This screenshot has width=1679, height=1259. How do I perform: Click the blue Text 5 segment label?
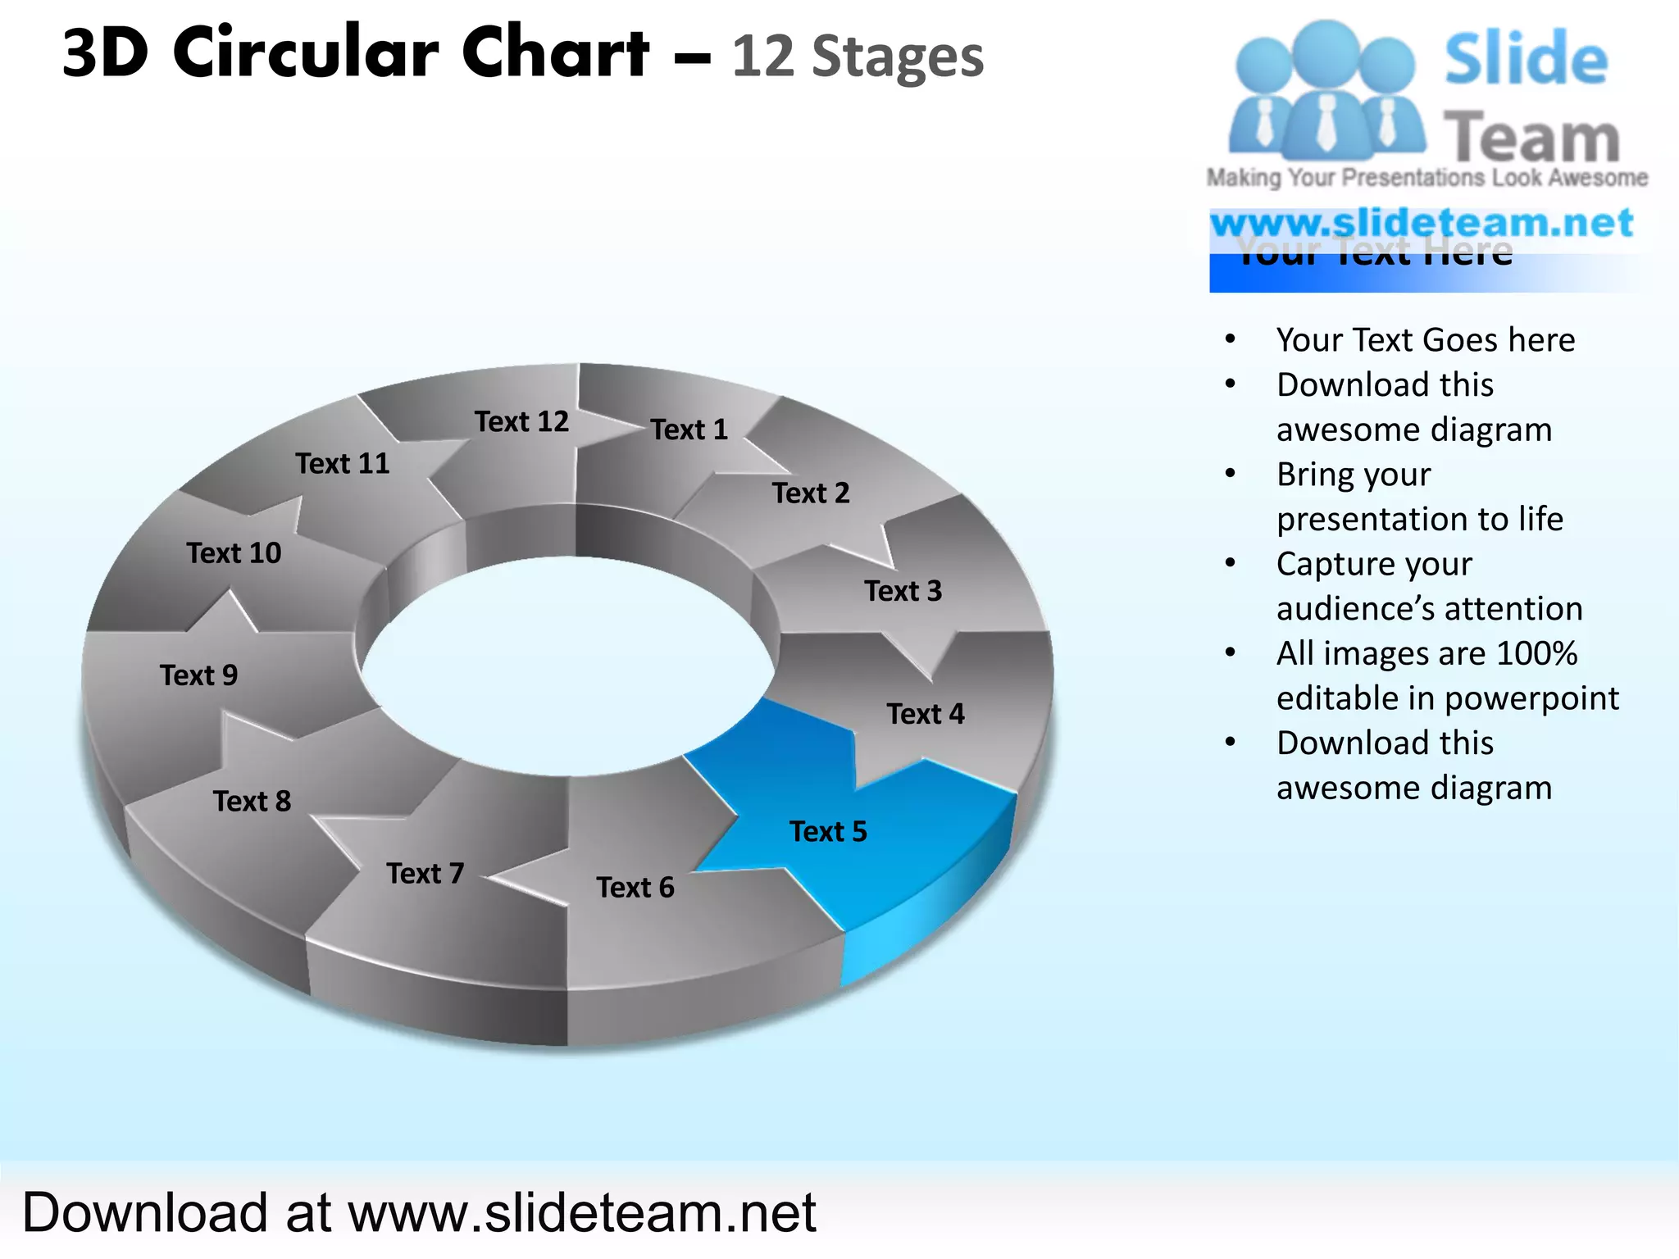click(x=828, y=832)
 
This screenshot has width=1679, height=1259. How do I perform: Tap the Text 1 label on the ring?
click(x=689, y=430)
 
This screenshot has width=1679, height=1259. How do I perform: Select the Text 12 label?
click(x=521, y=421)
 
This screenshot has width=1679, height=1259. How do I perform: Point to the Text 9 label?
click(x=198, y=675)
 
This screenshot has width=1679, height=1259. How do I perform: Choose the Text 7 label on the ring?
click(x=425, y=874)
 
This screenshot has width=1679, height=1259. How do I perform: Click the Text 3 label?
click(x=903, y=591)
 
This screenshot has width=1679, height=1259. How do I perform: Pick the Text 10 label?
click(x=234, y=553)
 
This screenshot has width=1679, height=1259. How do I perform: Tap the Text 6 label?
click(x=635, y=888)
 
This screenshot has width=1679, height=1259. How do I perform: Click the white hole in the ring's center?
click(x=567, y=664)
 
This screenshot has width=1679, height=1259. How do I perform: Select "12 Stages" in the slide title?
click(x=858, y=57)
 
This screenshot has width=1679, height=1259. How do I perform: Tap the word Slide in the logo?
click(x=1526, y=59)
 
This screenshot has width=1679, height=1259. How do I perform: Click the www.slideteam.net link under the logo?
click(x=1422, y=223)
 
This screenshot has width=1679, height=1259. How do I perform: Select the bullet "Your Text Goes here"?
click(x=1425, y=340)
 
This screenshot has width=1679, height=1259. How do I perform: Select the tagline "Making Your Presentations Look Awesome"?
click(x=1426, y=178)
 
